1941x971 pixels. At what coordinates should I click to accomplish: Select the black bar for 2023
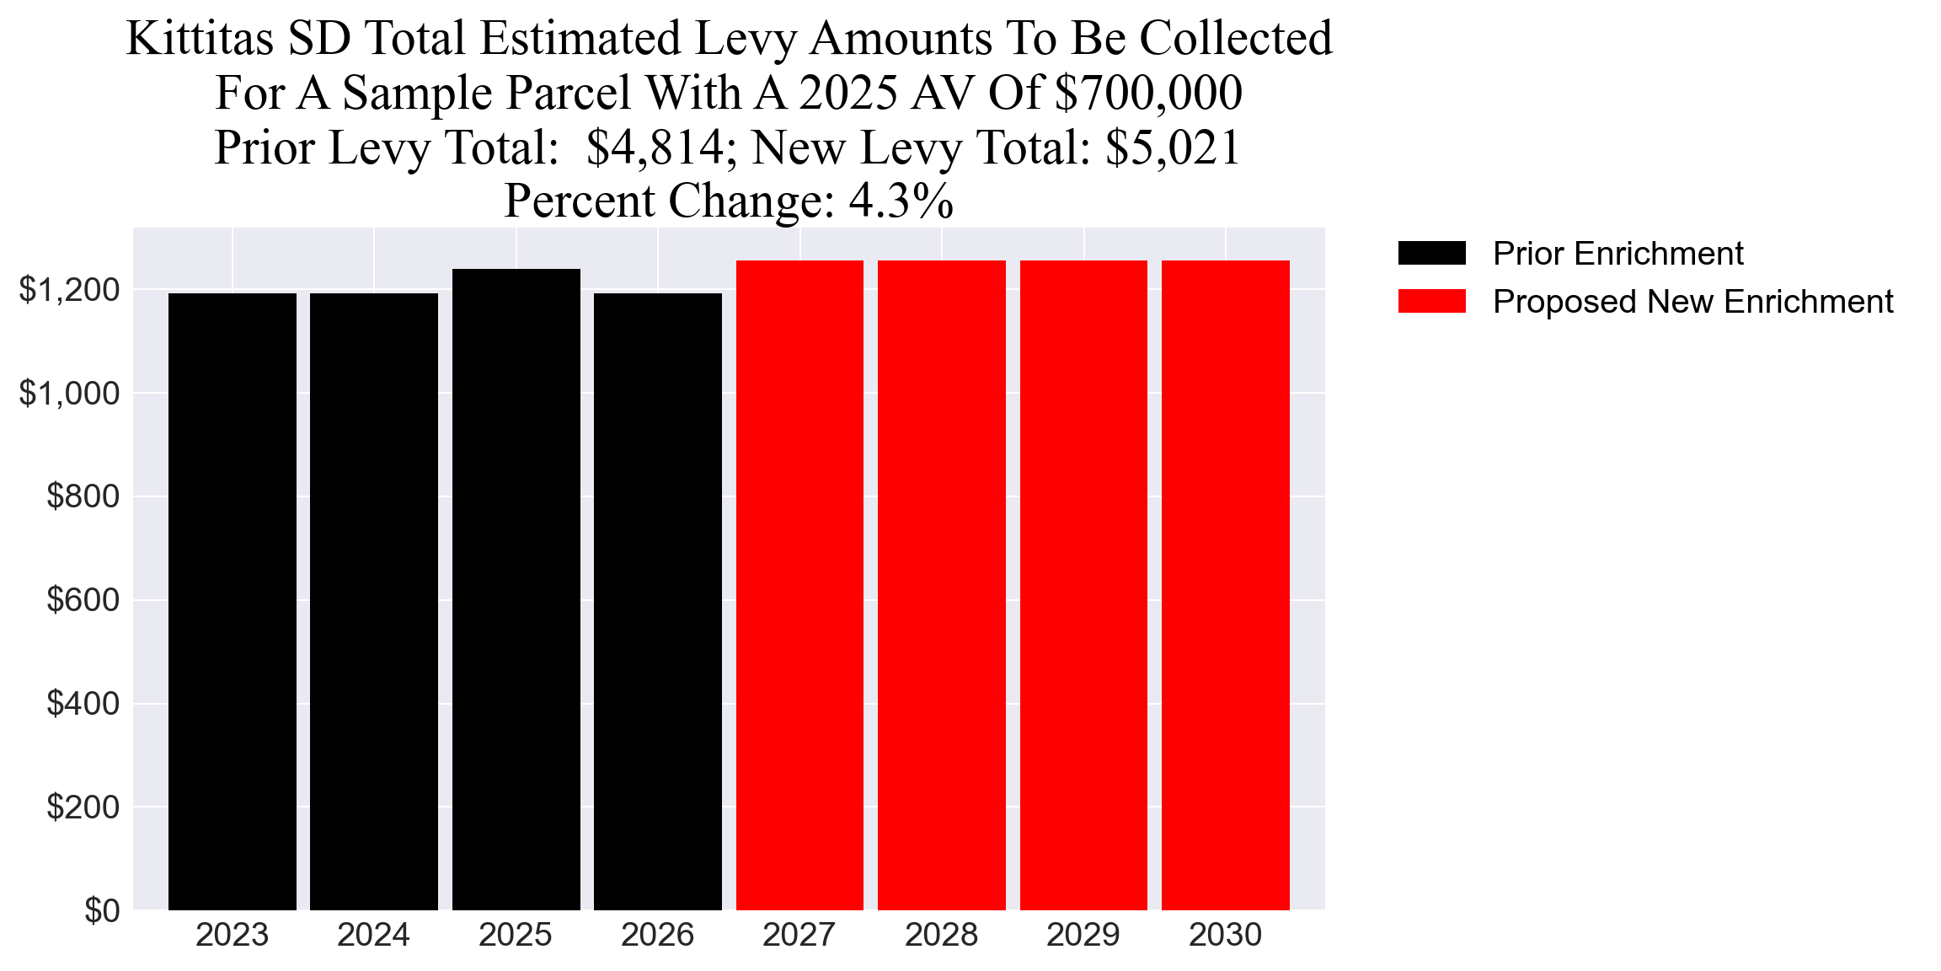pos(233,602)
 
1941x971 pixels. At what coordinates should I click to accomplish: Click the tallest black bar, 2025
pos(516,590)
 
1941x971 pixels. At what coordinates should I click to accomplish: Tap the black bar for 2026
pos(658,602)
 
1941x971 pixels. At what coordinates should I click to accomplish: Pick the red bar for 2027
pos(799,586)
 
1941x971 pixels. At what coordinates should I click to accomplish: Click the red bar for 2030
pos(1225,586)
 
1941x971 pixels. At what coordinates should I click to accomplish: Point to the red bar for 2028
pos(942,586)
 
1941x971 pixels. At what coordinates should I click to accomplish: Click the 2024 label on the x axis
pos(373,935)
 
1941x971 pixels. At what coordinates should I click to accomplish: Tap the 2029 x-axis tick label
pos(1083,935)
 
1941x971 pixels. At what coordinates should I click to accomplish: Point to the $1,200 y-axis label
pos(69,290)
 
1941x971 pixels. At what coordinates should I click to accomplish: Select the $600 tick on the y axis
pos(83,600)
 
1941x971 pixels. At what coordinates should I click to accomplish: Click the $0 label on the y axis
pos(101,910)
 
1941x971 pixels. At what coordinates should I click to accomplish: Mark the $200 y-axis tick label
pos(83,807)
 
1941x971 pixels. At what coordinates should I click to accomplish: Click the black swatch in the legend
pos(1431,253)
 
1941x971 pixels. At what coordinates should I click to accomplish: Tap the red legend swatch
pos(1431,301)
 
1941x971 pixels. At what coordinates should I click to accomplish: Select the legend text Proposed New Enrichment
pos(1692,301)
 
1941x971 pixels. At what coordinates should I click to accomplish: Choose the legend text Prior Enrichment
pos(1617,253)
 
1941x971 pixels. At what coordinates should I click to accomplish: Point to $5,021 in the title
pos(1173,148)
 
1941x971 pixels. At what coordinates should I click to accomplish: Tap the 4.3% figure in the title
pos(901,201)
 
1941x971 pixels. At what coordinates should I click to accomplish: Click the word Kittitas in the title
pos(201,39)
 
